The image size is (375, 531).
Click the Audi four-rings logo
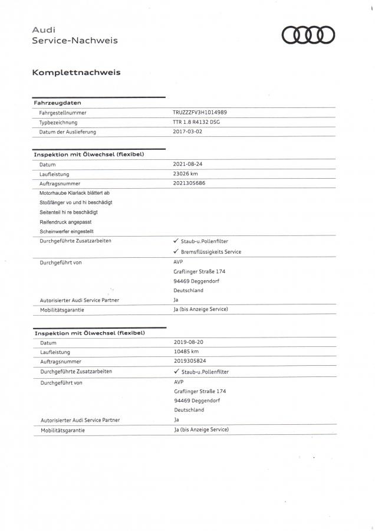point(308,35)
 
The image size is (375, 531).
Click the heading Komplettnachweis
point(76,73)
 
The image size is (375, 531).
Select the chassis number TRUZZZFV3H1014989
point(199,112)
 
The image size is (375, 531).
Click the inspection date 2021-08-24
point(188,164)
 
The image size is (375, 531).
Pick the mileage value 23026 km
point(186,174)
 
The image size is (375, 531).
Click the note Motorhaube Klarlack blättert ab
point(74,194)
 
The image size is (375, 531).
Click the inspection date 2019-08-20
point(189,342)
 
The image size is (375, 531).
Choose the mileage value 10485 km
point(186,352)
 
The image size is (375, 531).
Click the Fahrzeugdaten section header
point(52,103)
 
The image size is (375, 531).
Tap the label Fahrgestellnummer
point(63,112)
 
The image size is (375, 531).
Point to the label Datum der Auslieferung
point(67,132)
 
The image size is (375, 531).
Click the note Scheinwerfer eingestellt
point(66,231)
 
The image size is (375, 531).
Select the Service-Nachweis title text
point(74,41)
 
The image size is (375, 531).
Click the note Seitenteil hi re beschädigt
point(68,212)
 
